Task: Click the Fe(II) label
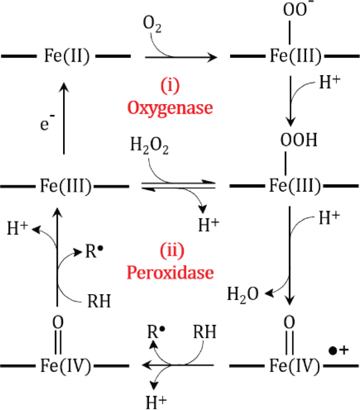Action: click(x=67, y=56)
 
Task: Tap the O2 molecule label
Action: click(x=152, y=24)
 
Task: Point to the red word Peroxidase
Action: click(x=170, y=273)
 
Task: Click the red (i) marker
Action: click(x=170, y=86)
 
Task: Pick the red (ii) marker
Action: click(x=172, y=250)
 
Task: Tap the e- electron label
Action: click(x=47, y=122)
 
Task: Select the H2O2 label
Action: click(x=149, y=146)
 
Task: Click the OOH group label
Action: click(x=299, y=140)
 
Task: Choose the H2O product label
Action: click(x=243, y=295)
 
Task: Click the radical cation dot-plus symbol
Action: click(x=339, y=350)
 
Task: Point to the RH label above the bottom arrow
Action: click(x=205, y=332)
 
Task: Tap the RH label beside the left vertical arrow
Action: click(x=99, y=301)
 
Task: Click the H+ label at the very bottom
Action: click(x=156, y=402)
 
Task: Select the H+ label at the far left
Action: click(x=18, y=228)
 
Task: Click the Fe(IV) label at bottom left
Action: click(x=65, y=365)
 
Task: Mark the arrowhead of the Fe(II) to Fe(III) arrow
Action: click(x=212, y=57)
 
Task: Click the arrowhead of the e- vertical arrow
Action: click(x=64, y=87)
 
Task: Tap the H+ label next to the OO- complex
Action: click(x=330, y=82)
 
